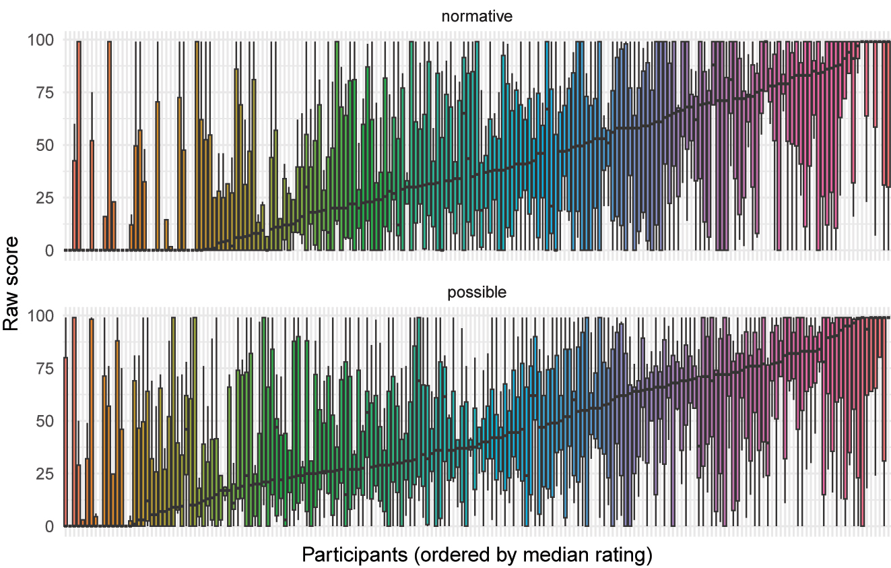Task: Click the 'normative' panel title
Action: (477, 17)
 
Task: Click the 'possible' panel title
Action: (477, 293)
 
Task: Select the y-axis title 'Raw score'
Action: (11, 283)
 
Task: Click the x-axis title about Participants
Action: (477, 555)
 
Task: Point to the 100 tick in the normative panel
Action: (40, 40)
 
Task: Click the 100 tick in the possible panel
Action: (40, 316)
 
